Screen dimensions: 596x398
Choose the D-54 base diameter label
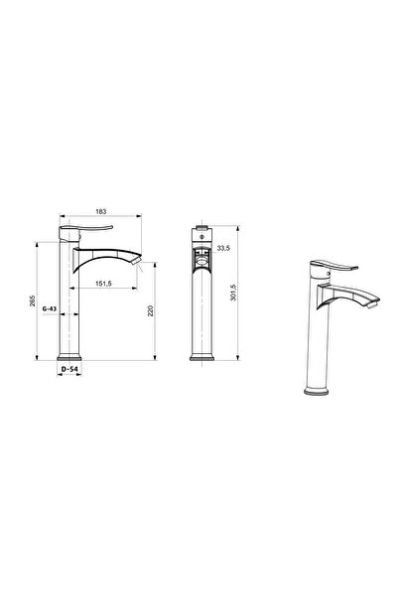pos(68,370)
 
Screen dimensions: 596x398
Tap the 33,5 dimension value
pos(223,249)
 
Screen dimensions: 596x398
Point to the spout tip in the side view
pos(142,267)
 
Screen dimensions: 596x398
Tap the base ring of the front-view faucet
pos(200,355)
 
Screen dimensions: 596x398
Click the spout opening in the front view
pos(200,263)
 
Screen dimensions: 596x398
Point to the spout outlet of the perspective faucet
pos(373,304)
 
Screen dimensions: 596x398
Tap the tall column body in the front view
pos(200,312)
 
